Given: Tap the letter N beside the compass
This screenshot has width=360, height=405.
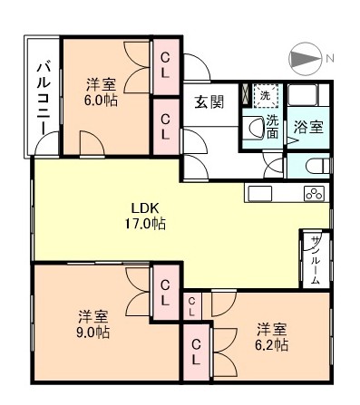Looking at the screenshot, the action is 329,58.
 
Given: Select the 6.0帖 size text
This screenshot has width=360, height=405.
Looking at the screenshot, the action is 101,101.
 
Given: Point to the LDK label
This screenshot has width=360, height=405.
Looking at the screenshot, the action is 144,208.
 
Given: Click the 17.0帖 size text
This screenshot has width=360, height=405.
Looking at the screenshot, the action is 145,224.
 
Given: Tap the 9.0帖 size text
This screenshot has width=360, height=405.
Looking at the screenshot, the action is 92,333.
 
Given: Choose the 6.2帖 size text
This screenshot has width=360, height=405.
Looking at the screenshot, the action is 271,345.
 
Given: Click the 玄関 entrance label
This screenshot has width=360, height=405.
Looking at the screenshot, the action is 209,102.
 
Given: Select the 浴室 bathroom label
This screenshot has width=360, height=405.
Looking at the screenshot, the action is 308,127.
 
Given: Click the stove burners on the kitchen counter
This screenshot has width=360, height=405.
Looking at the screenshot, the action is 314,194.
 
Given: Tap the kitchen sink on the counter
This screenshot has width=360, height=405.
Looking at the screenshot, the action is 260,193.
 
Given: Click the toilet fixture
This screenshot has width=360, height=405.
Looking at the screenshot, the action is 317,166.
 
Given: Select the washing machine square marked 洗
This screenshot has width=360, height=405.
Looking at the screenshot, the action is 265,96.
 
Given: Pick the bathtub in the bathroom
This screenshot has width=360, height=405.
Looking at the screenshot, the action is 303,95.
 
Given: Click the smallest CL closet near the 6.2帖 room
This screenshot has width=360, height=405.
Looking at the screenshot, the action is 192,306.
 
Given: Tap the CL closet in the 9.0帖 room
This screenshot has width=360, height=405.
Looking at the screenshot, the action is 165,292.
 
